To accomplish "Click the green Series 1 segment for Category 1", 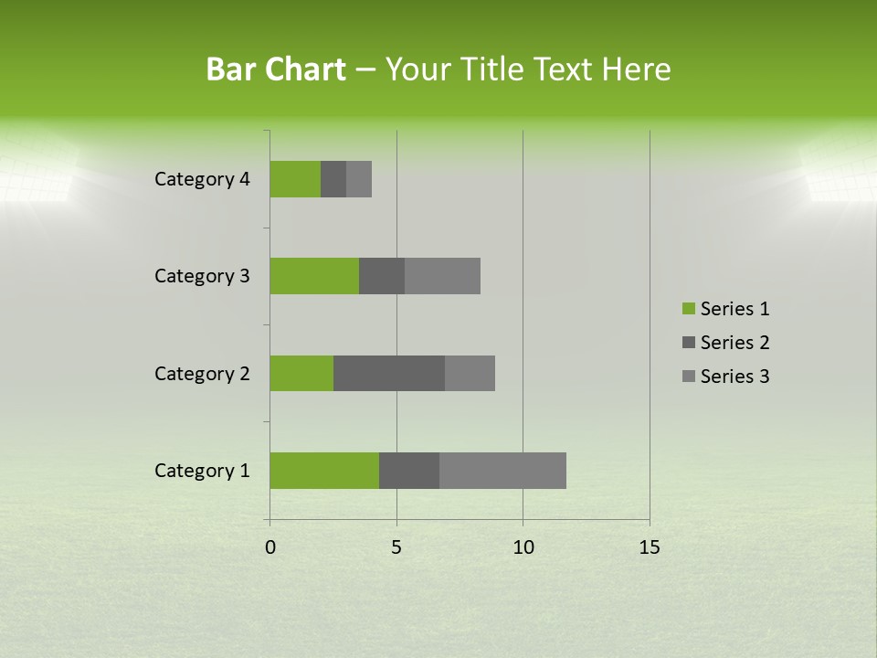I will click(x=324, y=471).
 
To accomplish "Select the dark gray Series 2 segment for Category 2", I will click(x=389, y=373).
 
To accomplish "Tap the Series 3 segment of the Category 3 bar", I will click(x=442, y=276).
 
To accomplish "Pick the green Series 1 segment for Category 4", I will click(x=295, y=179).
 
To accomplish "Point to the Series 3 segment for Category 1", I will click(x=502, y=471).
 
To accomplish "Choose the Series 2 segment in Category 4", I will click(x=333, y=179).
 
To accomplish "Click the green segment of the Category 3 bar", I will click(x=314, y=276).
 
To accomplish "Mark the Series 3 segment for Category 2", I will click(x=470, y=373).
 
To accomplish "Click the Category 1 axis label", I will click(x=202, y=471).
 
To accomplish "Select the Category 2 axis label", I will click(x=202, y=373).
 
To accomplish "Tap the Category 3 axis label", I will click(x=202, y=276).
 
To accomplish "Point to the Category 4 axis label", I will click(x=202, y=179).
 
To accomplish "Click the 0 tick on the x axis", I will click(x=270, y=547).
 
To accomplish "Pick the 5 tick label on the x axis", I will click(x=396, y=547).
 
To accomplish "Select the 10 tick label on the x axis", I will click(x=523, y=547).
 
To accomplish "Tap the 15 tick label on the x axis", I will click(x=650, y=547).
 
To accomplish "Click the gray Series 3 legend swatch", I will click(x=687, y=377).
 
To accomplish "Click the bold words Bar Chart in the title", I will click(x=276, y=69).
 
